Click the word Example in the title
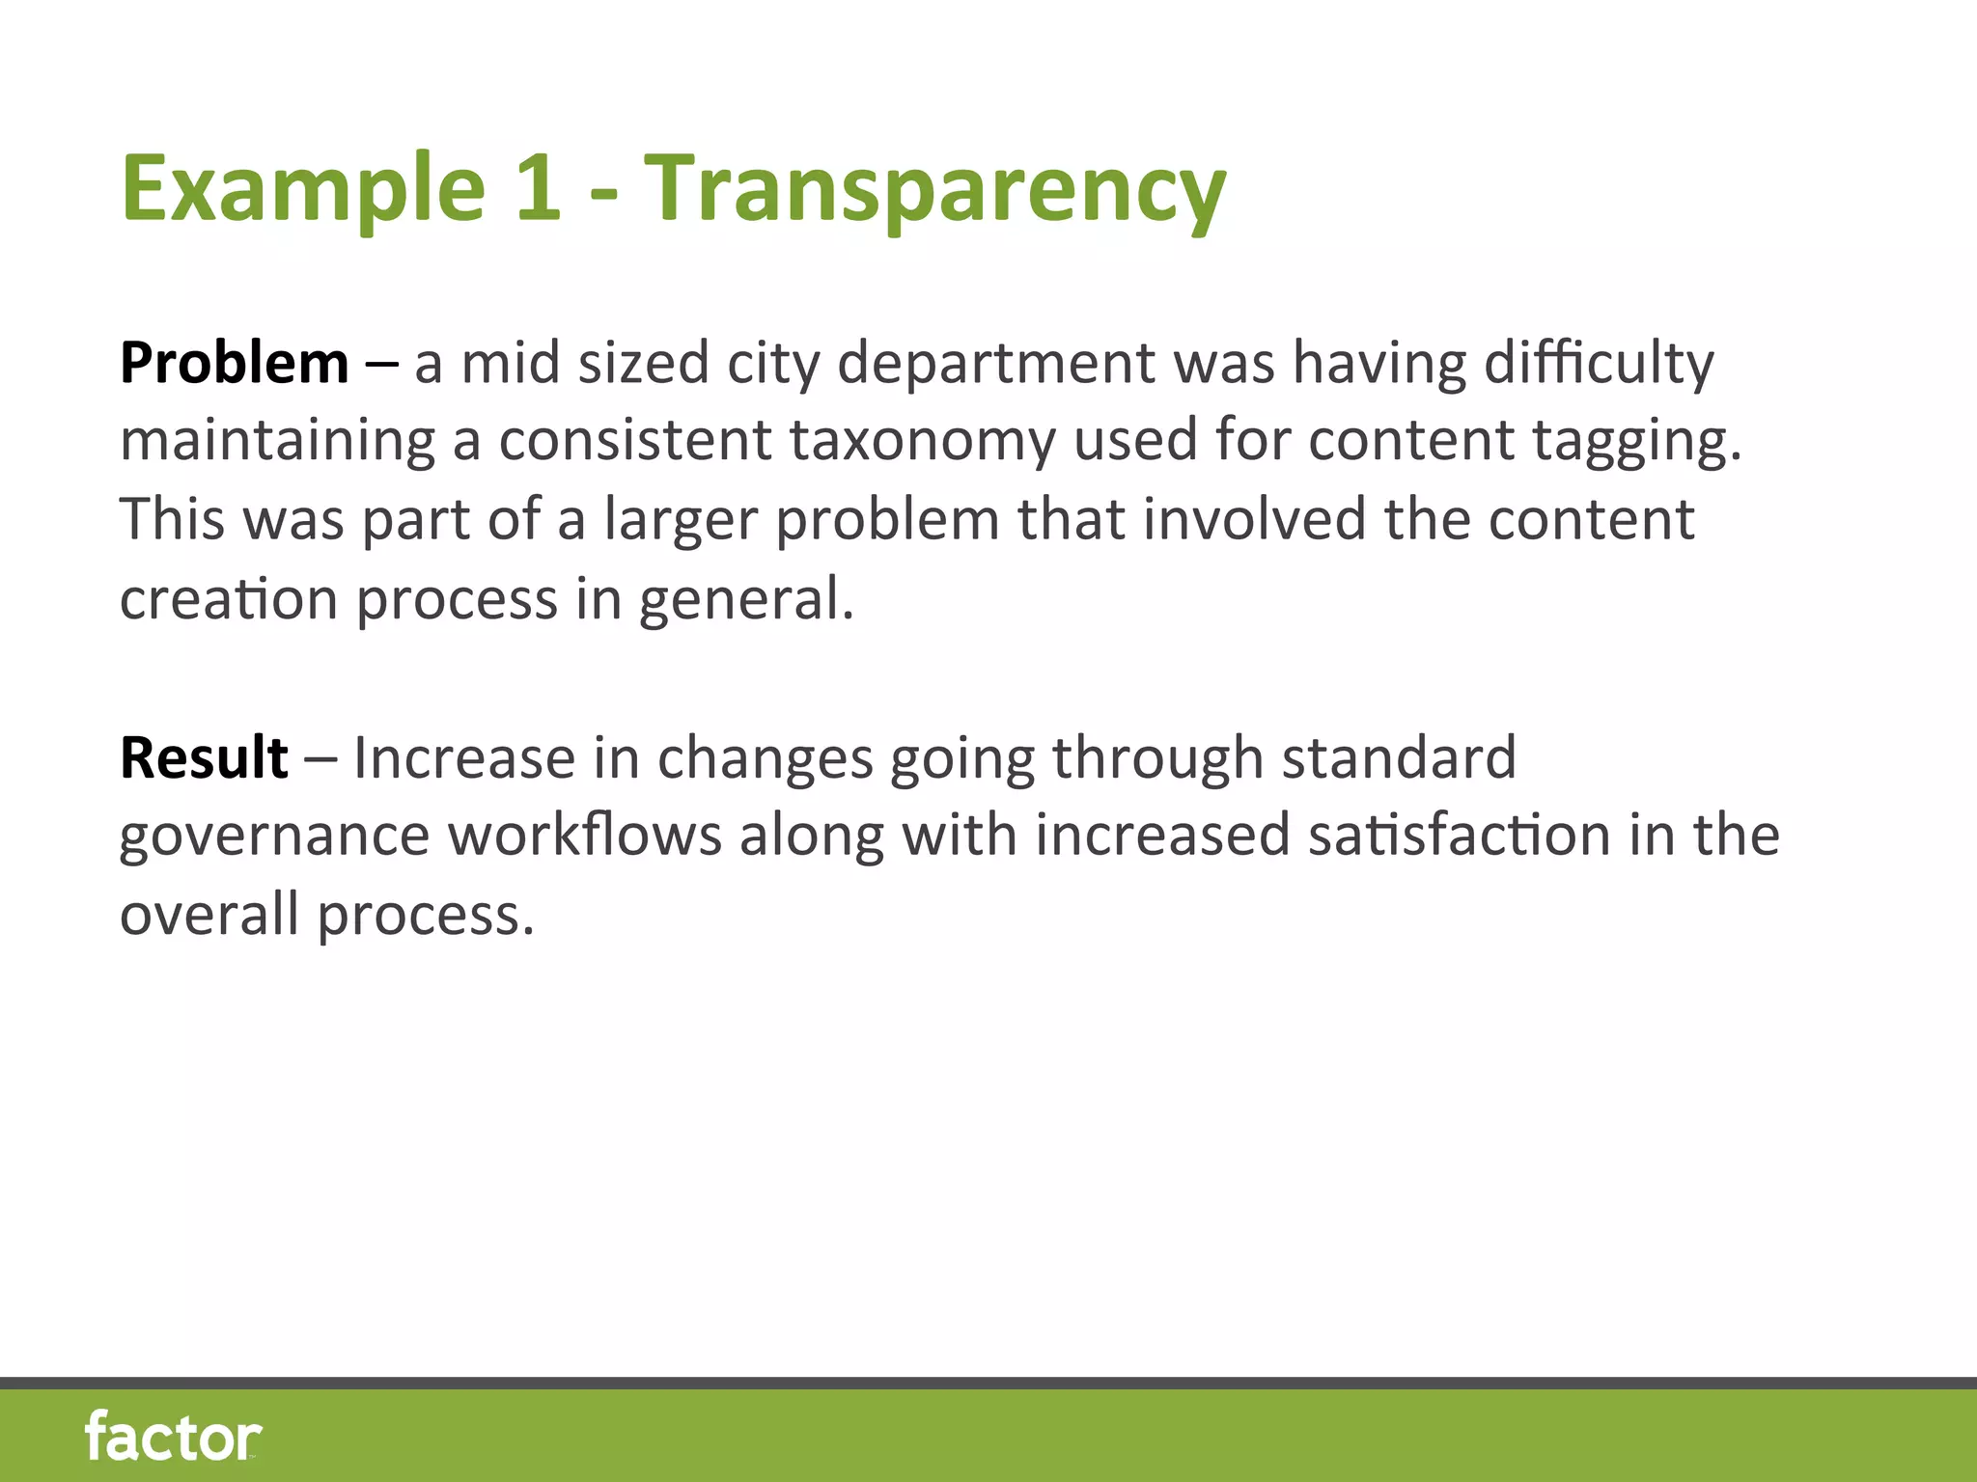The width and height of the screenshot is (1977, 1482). point(302,188)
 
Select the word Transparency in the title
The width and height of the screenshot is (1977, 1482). point(934,190)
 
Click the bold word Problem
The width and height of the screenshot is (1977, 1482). point(234,364)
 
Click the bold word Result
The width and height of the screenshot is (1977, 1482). point(204,757)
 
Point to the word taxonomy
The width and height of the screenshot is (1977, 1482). point(922,442)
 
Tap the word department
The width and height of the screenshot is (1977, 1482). point(996,365)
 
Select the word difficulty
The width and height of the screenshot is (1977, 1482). point(1599,365)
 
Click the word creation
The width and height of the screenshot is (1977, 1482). point(229,599)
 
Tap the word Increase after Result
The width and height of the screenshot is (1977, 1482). point(464,757)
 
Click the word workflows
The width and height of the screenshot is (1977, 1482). point(585,835)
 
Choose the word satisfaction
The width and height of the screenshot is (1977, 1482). point(1460,835)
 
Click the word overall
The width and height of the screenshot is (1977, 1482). point(209,914)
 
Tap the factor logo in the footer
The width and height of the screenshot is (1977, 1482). point(173,1437)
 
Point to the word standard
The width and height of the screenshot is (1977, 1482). point(1399,757)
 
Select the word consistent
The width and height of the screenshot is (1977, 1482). point(635,441)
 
